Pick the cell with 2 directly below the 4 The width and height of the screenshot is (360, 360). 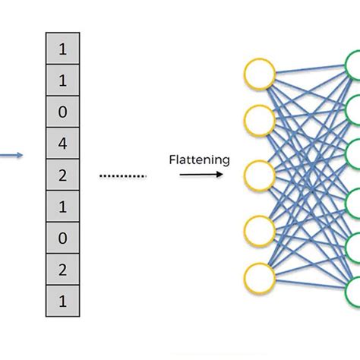(62, 174)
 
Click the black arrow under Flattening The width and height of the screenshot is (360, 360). (201, 174)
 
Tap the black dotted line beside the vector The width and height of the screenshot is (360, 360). (123, 175)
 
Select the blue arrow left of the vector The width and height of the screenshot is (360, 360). (11, 156)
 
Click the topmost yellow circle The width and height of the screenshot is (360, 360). (258, 74)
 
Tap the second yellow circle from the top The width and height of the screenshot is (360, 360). (258, 118)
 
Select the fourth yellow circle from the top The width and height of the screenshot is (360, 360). (258, 229)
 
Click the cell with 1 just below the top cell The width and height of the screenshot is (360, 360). (62, 80)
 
